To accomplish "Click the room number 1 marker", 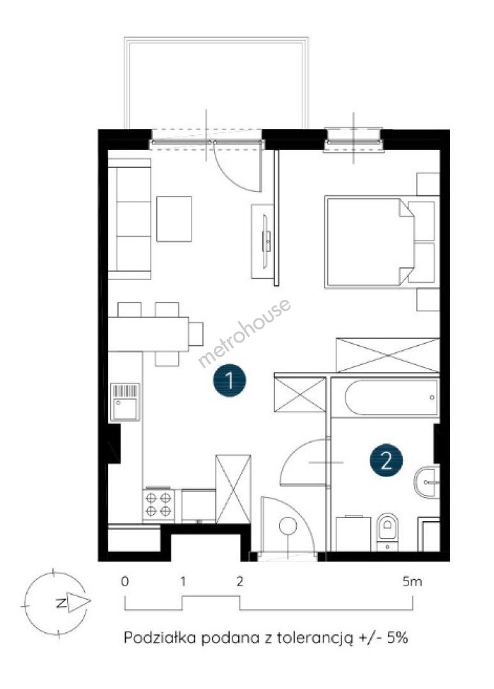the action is click(229, 380).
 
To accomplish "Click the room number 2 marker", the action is click(386, 461).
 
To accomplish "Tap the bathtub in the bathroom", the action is click(385, 397).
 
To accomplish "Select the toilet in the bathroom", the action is click(387, 531).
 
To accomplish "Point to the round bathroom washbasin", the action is click(426, 482).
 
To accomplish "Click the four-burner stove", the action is click(158, 505).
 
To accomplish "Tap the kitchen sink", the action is click(125, 402).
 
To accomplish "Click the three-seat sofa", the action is click(129, 218).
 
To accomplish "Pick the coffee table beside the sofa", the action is click(174, 219).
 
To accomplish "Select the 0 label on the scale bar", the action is click(125, 582).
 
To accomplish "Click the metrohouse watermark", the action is click(244, 332).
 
